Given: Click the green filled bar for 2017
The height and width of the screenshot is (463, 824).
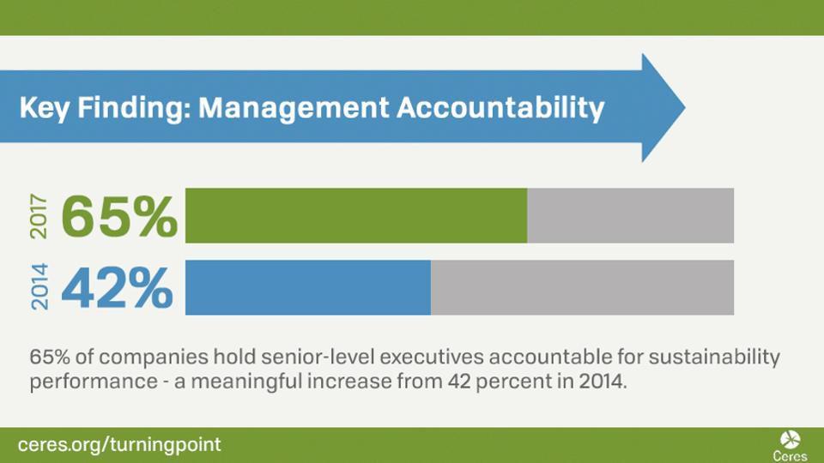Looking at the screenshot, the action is tap(356, 215).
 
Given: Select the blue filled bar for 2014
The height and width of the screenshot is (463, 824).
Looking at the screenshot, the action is tap(308, 287).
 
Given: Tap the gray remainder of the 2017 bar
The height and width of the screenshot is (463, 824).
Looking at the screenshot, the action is tap(631, 215).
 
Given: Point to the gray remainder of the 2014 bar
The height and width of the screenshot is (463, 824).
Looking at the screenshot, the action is tap(582, 287).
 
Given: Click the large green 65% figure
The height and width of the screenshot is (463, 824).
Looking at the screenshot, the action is tap(119, 216).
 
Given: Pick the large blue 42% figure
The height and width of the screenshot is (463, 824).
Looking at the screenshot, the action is tap(118, 288).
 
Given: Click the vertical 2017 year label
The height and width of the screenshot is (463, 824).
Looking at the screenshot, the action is tap(39, 216).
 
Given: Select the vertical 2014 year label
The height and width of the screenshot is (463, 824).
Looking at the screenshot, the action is tap(39, 286).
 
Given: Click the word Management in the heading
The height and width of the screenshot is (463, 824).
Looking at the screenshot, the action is tap(294, 108).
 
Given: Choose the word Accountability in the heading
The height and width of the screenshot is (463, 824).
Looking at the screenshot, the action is tap(500, 108).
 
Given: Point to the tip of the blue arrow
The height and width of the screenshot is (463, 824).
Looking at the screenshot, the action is tap(685, 108).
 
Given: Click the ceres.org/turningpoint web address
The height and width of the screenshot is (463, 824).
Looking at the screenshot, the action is tap(119, 445).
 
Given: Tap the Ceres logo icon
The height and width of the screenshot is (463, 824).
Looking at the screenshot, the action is tap(790, 439).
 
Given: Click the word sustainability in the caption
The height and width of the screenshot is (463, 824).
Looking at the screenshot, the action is tap(714, 358).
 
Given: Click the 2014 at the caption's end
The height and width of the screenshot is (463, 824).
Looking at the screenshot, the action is tap(603, 381).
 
